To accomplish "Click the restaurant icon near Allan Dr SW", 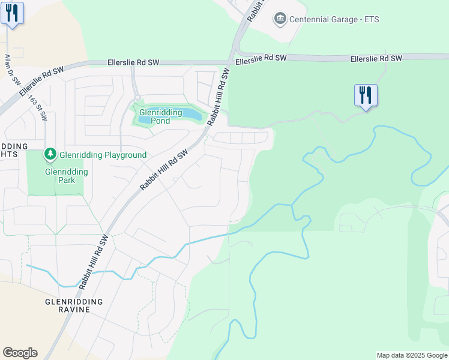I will tap(13, 13).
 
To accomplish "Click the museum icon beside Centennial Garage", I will tap(279, 19).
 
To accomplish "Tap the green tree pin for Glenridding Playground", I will tap(51, 155).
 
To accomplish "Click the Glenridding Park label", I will tap(66, 176).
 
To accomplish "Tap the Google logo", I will tap(20, 353).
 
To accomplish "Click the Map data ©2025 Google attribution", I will tap(411, 355).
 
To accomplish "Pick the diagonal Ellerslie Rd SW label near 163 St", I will tap(41, 82).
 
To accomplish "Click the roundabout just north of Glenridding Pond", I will tap(137, 97).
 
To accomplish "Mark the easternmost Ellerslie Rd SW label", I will tap(377, 58).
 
